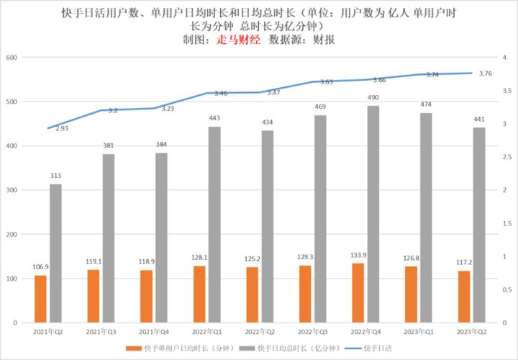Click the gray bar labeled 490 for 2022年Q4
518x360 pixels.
click(x=373, y=214)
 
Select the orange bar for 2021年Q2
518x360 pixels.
click(x=40, y=299)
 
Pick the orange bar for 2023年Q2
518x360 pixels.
click(x=464, y=297)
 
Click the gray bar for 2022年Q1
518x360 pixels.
click(x=214, y=225)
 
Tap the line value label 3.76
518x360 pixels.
click(x=485, y=73)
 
